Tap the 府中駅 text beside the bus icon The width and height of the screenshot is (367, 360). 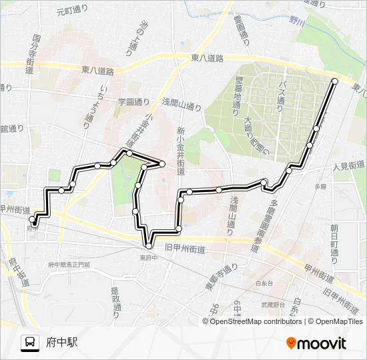tap(62, 343)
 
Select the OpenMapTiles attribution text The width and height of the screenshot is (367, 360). tap(335, 321)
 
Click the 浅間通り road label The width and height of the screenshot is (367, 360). tap(181, 104)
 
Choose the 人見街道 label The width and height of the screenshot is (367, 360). tap(348, 165)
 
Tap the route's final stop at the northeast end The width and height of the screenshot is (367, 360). tap(335, 81)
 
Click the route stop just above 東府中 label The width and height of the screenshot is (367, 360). tap(149, 246)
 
